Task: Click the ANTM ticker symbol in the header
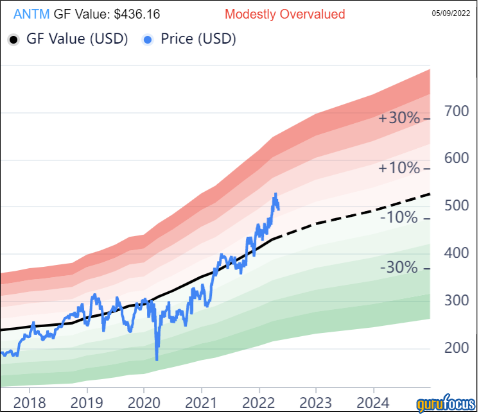[30, 14]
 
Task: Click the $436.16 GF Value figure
[135, 14]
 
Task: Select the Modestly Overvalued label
[284, 14]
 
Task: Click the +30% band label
[398, 119]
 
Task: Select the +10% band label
[398, 168]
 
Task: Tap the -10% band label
[400, 218]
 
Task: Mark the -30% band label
[400, 268]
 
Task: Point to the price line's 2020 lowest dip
[157, 360]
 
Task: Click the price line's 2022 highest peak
[275, 194]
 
